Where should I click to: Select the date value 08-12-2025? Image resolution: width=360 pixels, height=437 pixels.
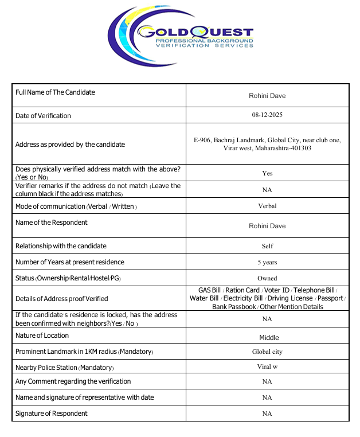click(x=267, y=115)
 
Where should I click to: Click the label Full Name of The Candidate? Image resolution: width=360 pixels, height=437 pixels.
click(x=55, y=92)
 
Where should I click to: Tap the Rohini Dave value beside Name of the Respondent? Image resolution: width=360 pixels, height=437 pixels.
click(x=267, y=226)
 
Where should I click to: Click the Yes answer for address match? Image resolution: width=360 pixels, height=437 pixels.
click(x=267, y=173)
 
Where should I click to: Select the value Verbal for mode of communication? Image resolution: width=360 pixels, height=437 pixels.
click(x=267, y=205)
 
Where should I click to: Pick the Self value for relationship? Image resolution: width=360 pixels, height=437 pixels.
click(x=267, y=246)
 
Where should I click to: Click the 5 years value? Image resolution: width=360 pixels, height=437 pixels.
click(x=267, y=262)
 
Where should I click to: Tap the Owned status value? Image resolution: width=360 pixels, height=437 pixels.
click(x=267, y=278)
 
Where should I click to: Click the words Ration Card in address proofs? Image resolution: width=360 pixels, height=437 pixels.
click(x=243, y=290)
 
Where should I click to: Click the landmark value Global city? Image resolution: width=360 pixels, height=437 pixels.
click(x=267, y=352)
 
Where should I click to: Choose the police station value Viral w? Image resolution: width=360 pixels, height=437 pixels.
click(x=267, y=366)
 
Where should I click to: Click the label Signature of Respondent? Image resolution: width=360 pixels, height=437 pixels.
click(x=52, y=413)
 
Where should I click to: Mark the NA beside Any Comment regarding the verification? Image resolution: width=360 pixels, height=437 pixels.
click(x=267, y=381)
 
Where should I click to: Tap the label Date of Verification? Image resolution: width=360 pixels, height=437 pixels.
click(x=43, y=116)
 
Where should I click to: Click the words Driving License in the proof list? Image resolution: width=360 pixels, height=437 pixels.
click(x=289, y=298)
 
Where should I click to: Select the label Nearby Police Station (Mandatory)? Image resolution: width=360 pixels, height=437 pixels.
click(x=64, y=367)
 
